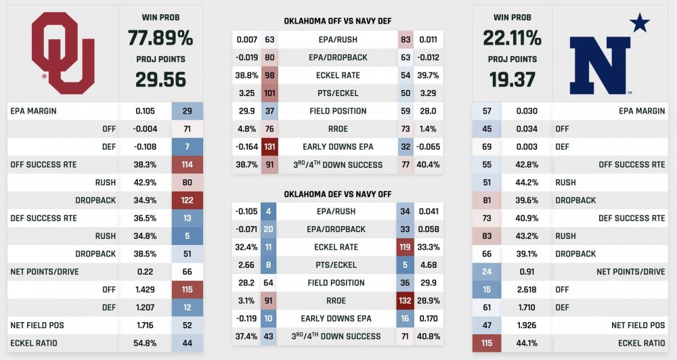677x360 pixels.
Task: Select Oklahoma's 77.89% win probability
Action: [160, 37]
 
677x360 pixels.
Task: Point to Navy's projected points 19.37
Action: [512, 79]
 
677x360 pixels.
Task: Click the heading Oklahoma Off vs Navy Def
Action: [338, 22]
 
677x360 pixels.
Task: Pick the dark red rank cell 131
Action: [269, 146]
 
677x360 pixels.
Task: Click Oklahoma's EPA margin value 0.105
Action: [146, 111]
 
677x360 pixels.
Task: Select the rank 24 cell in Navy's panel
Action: [487, 272]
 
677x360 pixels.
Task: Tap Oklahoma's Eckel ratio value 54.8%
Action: [146, 343]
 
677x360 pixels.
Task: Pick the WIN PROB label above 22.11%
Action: [512, 16]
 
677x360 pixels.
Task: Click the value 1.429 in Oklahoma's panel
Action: [146, 290]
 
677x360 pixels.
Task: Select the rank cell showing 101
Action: [269, 93]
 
